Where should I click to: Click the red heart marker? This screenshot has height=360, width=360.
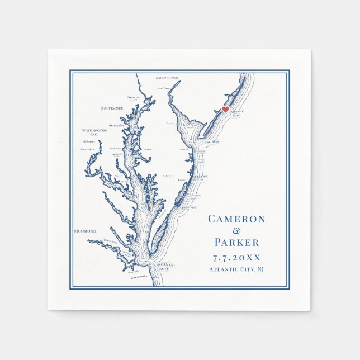[225, 110]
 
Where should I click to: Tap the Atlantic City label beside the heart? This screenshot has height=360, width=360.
[236, 113]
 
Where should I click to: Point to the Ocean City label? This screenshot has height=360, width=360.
[201, 177]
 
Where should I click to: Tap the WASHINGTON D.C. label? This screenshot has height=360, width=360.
[94, 132]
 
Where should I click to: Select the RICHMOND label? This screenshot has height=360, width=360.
[85, 230]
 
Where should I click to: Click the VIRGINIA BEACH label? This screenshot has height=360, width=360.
[163, 266]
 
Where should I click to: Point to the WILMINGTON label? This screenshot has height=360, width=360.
[167, 78]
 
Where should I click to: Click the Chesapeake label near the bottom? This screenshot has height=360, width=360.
[139, 276]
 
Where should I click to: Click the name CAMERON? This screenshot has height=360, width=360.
[236, 219]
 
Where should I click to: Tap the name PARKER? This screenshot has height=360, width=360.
[236, 243]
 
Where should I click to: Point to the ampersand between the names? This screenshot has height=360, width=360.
[236, 231]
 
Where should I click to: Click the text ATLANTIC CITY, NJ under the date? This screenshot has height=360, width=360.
[236, 269]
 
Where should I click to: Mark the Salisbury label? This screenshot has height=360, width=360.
[168, 175]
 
